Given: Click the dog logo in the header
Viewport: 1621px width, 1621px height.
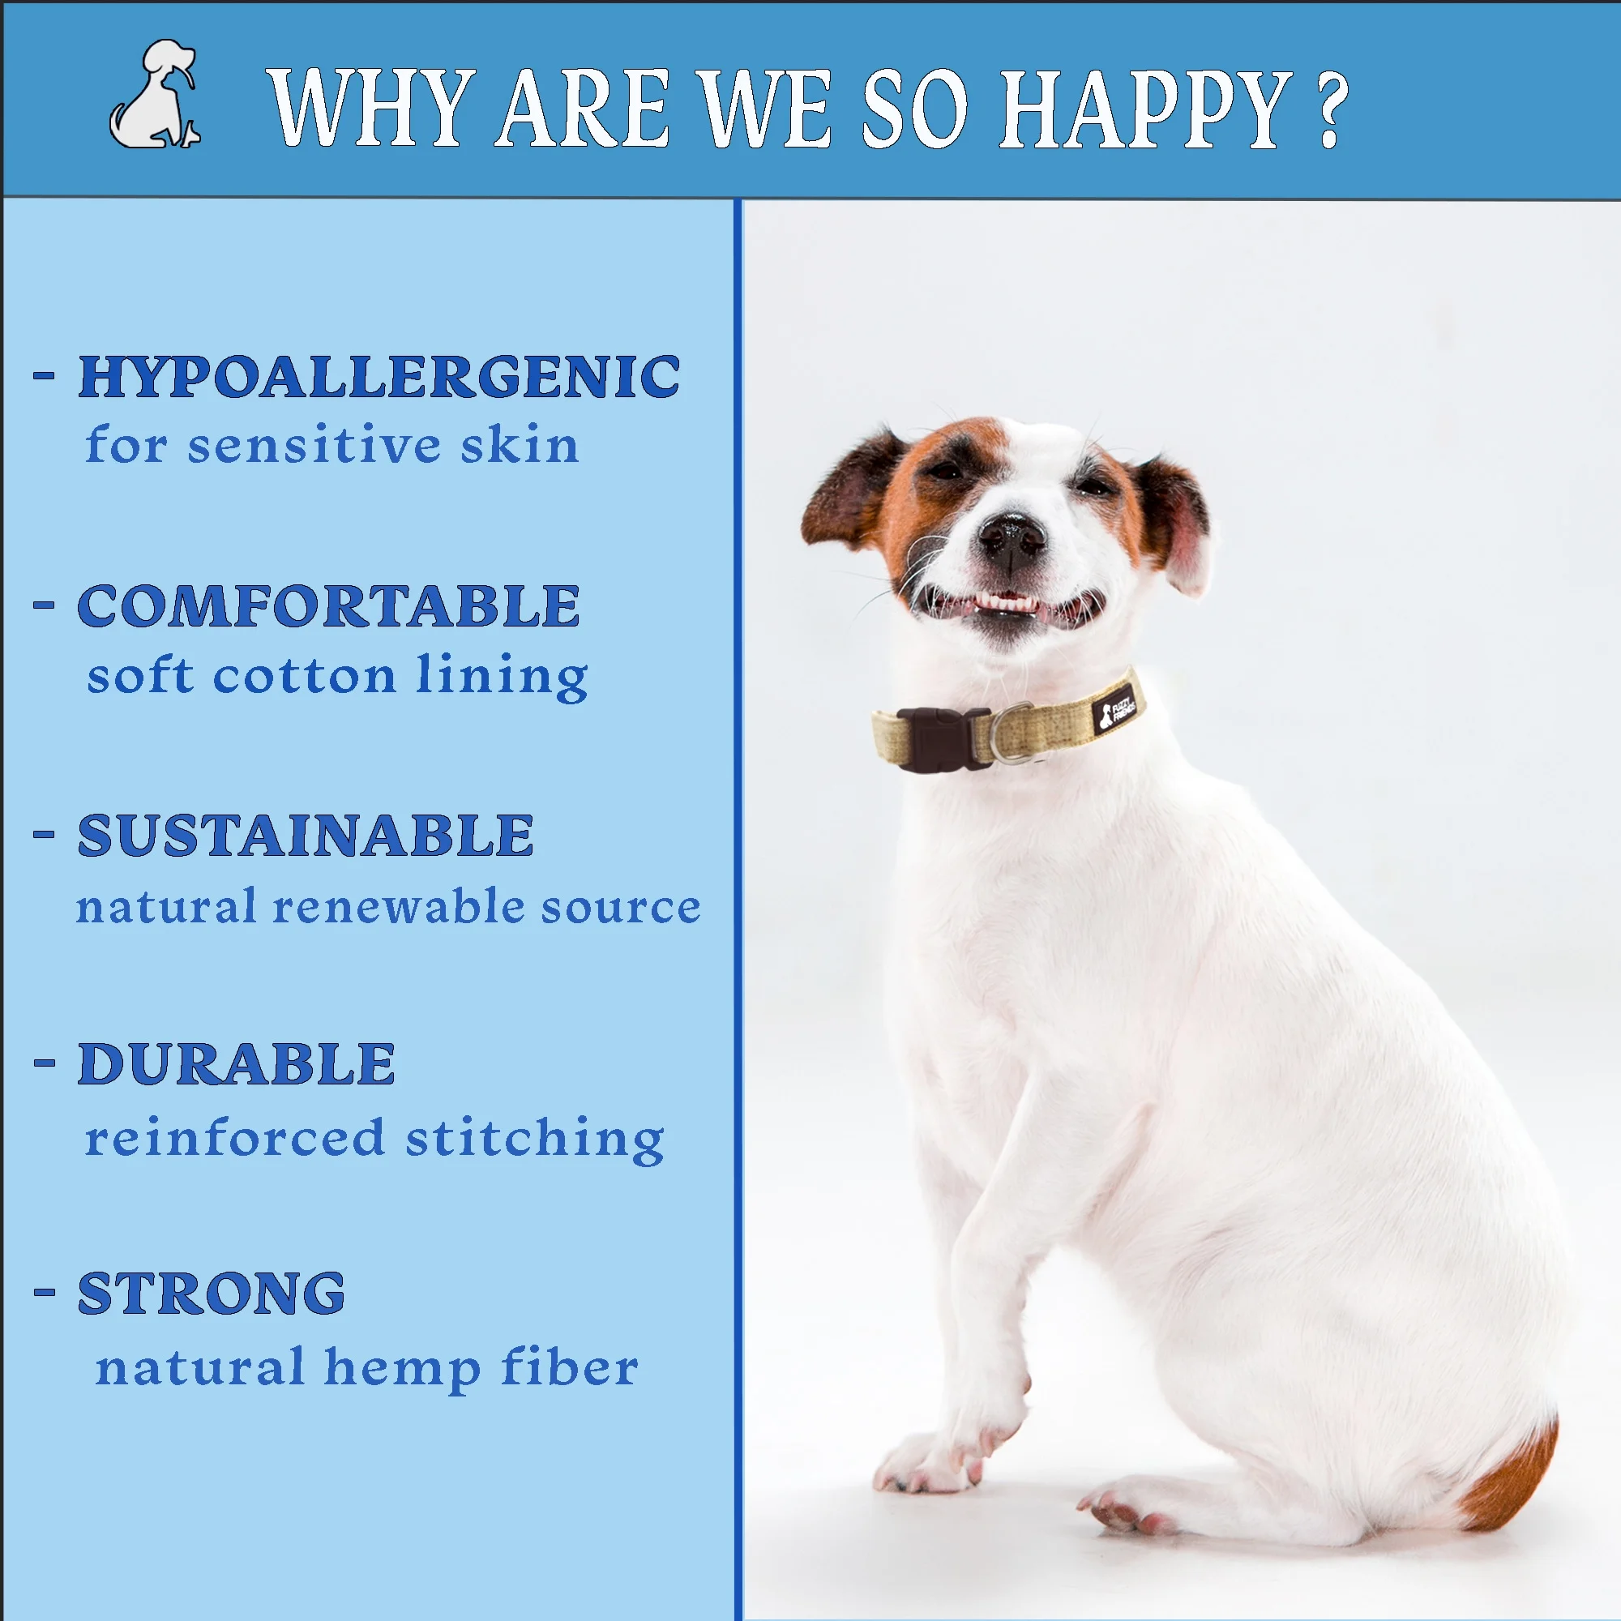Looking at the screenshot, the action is tap(156, 94).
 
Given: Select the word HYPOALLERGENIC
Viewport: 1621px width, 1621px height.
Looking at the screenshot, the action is tap(379, 377).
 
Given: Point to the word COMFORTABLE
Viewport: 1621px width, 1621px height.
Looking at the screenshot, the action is tap(328, 605).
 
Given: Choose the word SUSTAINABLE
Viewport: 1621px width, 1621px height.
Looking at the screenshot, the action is tap(306, 836).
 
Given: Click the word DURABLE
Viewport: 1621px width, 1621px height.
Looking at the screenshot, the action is tap(236, 1065).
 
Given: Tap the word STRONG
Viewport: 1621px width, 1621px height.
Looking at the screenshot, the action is tap(211, 1294).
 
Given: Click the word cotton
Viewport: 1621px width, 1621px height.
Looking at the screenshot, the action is tap(305, 676).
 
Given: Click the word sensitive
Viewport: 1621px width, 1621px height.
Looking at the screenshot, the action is tap(314, 445).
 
